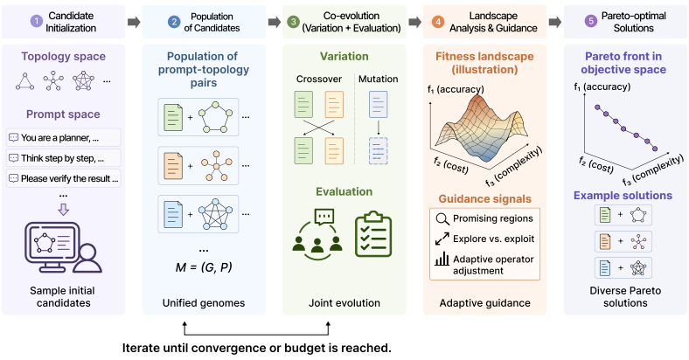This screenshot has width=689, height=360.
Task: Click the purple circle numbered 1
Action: tap(36, 22)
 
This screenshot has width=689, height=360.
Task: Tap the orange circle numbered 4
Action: tap(438, 22)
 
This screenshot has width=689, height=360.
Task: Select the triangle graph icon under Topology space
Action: tap(25, 81)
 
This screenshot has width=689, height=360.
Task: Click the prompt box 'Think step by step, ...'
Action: tap(63, 158)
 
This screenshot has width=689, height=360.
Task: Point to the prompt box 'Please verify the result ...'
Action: tap(63, 178)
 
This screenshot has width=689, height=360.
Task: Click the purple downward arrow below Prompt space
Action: tap(64, 210)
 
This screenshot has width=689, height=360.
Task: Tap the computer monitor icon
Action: tap(52, 246)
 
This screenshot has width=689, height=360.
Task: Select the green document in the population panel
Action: tap(173, 117)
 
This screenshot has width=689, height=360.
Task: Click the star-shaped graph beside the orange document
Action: tap(216, 166)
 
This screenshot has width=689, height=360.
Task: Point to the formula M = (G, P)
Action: tap(204, 267)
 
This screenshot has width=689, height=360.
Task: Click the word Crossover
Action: tap(318, 79)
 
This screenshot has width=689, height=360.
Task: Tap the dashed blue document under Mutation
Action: tap(379, 150)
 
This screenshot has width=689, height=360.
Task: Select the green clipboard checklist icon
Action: tap(373, 234)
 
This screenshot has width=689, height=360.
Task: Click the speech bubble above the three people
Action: tap(324, 216)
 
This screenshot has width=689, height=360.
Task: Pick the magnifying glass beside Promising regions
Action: tap(442, 218)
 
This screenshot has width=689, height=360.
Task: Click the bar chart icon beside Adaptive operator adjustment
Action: tap(442, 259)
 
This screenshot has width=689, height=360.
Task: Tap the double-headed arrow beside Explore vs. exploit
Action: tap(442, 239)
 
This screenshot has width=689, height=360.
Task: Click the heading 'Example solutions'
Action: tap(623, 196)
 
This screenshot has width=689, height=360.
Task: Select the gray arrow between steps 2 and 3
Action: tap(275, 22)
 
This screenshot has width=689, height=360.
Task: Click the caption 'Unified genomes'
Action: tap(204, 303)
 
